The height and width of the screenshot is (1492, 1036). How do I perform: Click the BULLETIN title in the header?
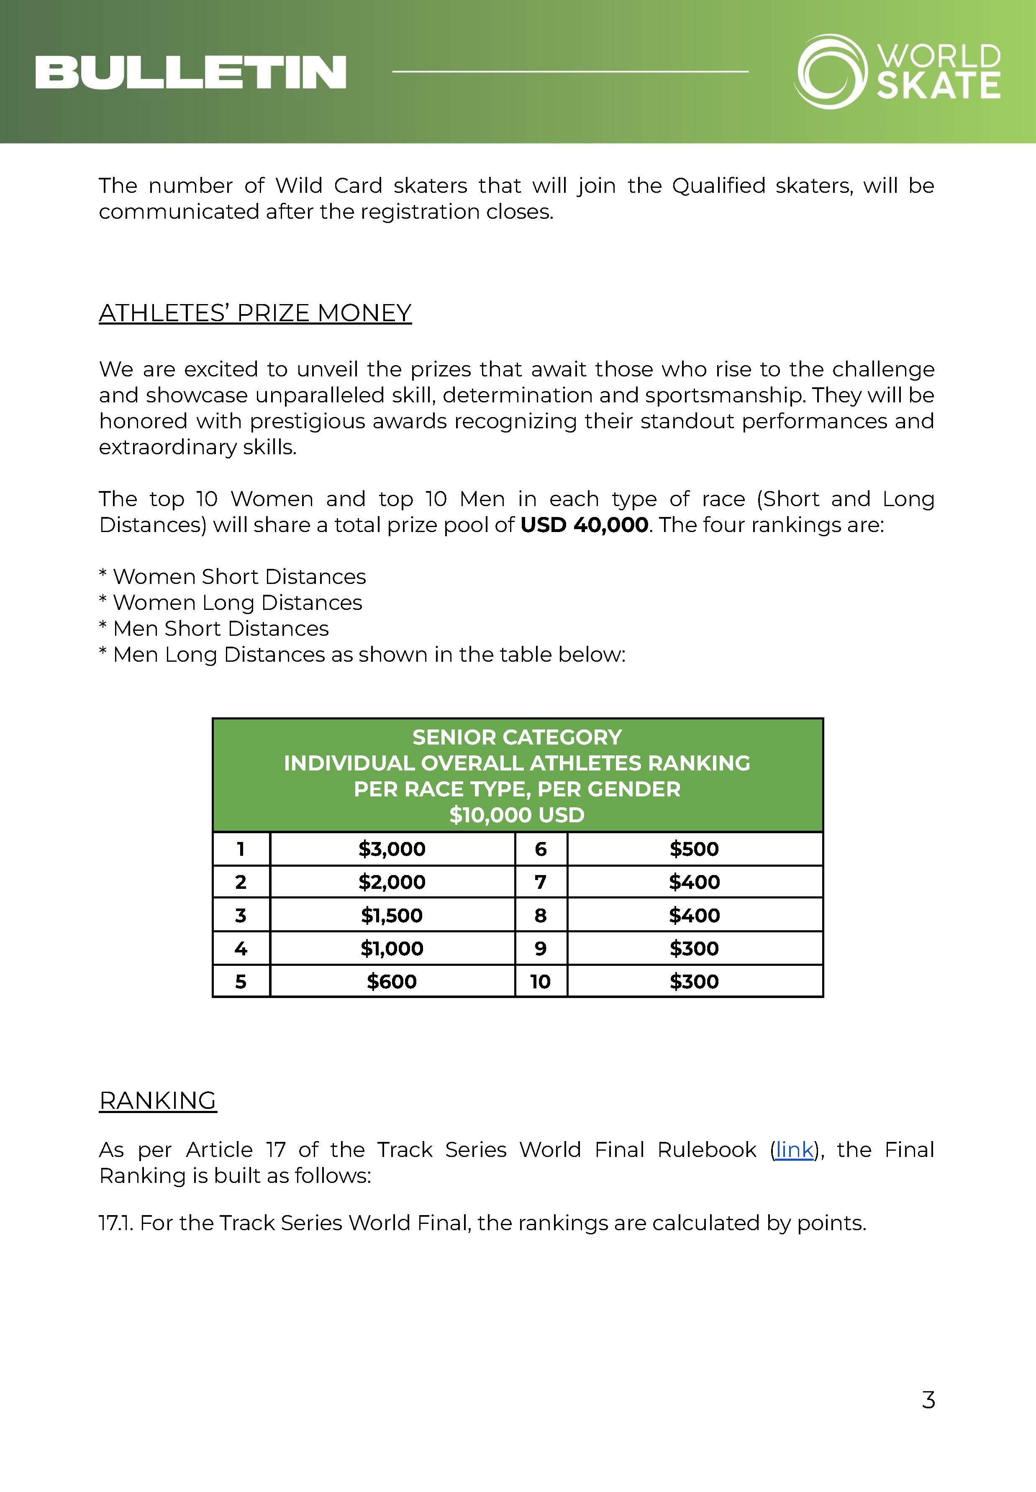point(190,72)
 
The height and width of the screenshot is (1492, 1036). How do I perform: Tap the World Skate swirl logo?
point(831,72)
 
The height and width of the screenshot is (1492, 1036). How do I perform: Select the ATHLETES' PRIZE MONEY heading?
point(255,313)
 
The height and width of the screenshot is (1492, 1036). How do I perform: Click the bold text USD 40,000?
point(584,525)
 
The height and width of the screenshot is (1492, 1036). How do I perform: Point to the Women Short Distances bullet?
point(232,576)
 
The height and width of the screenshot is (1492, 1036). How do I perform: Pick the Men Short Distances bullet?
point(214,628)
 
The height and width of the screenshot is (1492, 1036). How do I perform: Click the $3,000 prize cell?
point(392,849)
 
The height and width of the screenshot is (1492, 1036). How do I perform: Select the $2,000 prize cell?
point(392,882)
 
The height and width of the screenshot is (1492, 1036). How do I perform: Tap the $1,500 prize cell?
point(392,915)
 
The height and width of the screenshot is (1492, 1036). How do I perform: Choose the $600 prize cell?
point(392,981)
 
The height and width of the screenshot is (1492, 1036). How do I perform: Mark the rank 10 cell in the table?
point(540,981)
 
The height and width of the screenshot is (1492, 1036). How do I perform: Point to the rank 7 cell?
point(540,882)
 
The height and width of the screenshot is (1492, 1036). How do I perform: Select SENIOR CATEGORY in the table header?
point(517,737)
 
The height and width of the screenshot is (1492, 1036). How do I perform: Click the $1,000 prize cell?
point(392,948)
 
